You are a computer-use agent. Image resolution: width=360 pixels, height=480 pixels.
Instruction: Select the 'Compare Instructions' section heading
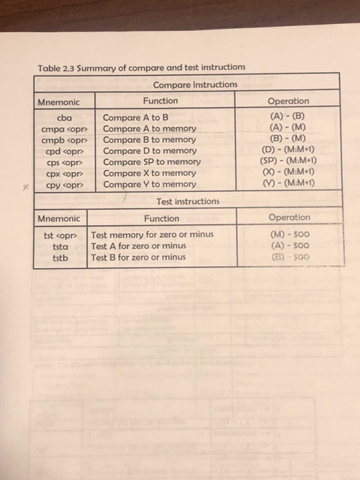(195, 84)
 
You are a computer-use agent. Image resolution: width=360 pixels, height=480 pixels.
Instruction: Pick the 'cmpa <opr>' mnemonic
(63, 128)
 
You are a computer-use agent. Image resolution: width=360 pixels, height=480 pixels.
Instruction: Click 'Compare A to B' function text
(134, 117)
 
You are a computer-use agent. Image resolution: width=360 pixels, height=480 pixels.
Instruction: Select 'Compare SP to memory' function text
(151, 162)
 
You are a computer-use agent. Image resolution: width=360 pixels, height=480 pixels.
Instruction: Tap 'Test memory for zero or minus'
(152, 235)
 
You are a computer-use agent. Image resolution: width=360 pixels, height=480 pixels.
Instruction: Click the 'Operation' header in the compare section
(288, 101)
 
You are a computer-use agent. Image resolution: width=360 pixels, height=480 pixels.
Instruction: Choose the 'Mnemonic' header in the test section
(58, 219)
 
